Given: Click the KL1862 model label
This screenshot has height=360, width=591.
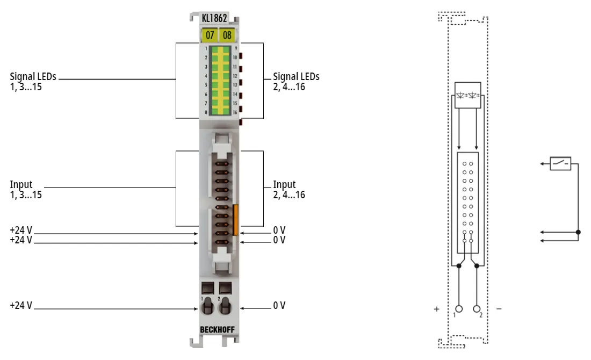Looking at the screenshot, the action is pyautogui.click(x=214, y=18).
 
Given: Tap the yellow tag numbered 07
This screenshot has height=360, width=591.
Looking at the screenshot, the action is pyautogui.click(x=210, y=35).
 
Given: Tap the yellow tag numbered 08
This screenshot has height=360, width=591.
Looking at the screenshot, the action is pyautogui.click(x=227, y=35).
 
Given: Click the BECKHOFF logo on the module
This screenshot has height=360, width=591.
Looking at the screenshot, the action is pyautogui.click(x=217, y=329).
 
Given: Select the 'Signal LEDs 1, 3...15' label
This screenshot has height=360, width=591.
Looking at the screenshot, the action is pyautogui.click(x=33, y=82).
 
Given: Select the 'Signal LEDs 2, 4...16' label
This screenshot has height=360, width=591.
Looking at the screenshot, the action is pyautogui.click(x=296, y=82).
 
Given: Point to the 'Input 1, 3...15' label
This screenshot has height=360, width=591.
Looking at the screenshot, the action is pyautogui.click(x=26, y=190).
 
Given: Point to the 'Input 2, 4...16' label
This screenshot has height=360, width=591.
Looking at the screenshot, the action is pyautogui.click(x=289, y=190).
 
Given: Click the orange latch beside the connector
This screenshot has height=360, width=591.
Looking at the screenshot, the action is pyautogui.click(x=236, y=220).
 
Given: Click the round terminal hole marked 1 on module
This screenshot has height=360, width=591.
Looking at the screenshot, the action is pyautogui.click(x=208, y=306).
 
